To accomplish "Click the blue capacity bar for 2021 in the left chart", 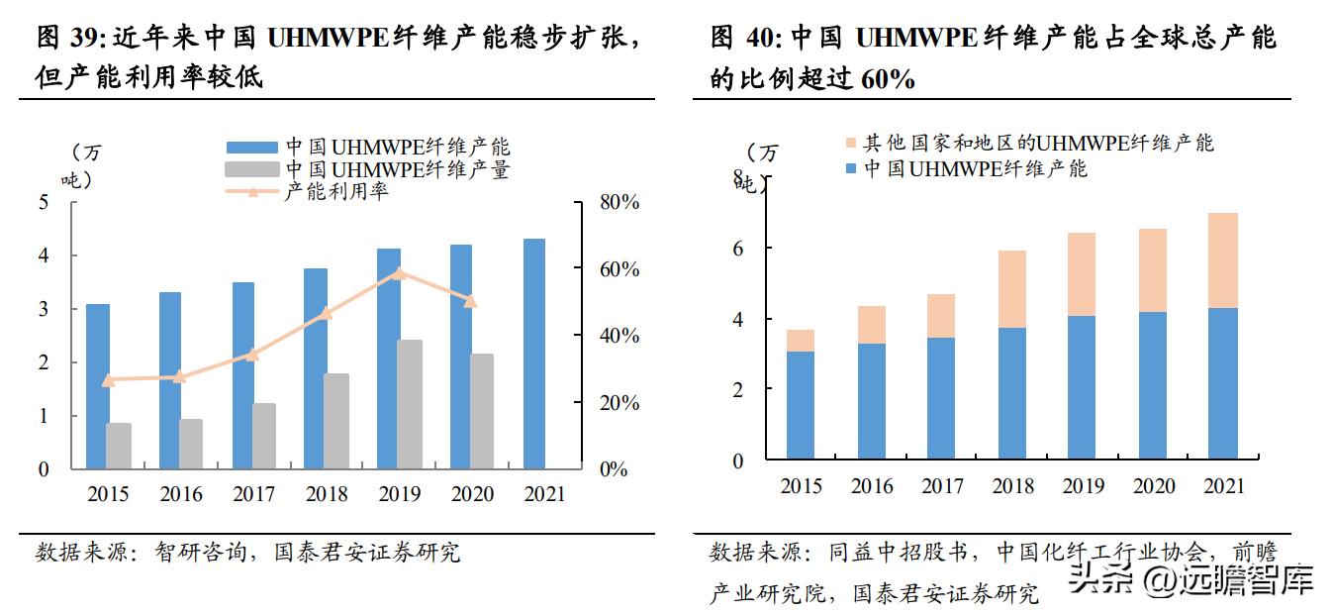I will coord(533,354).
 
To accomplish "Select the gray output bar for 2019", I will coord(410,404).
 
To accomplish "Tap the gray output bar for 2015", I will coord(119,446).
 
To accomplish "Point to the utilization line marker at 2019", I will coord(398,273).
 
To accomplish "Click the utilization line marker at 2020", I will coord(471,300).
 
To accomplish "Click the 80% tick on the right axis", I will coord(619,202).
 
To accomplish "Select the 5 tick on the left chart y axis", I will coord(43,202).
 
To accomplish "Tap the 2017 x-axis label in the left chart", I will coord(254,494).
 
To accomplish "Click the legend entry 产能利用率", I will coord(336,191).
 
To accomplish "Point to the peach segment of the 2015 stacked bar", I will coord(801,341).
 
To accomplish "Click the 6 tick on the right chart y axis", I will coord(737,248).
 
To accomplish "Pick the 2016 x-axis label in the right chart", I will coord(871,486).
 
